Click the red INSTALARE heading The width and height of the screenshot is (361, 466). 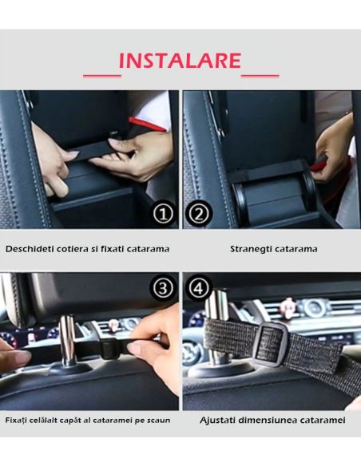pos(180,61)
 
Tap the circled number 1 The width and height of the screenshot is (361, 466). pos(163,214)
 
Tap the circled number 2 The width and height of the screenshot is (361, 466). pos(198,214)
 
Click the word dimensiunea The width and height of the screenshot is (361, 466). pos(271,421)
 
